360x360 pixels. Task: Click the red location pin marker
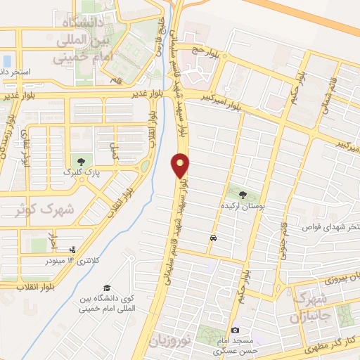181,165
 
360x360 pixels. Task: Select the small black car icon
212,238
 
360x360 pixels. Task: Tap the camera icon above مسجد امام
235,330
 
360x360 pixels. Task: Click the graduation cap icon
107,288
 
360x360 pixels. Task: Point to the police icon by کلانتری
73,249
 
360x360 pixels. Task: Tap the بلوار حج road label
198,50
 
